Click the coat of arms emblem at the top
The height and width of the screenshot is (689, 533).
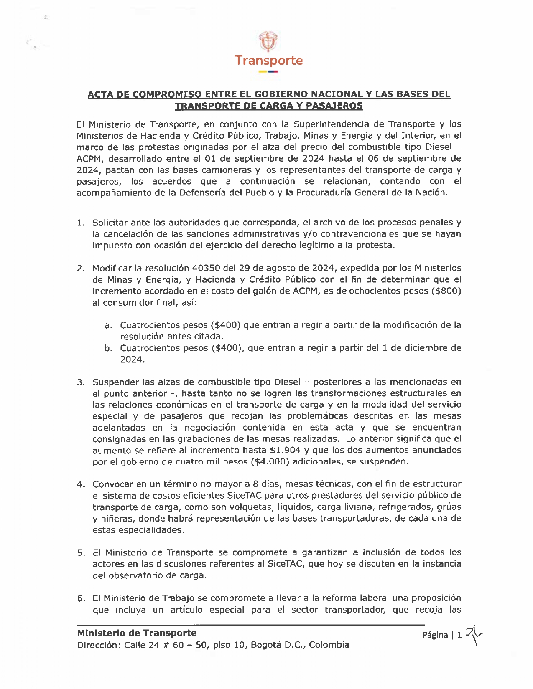[268, 41]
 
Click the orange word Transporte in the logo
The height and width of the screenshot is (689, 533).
[268, 61]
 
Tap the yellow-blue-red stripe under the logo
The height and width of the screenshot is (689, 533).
[268, 72]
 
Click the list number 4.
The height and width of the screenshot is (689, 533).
[81, 484]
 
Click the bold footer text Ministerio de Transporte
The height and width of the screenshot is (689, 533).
[137, 633]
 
